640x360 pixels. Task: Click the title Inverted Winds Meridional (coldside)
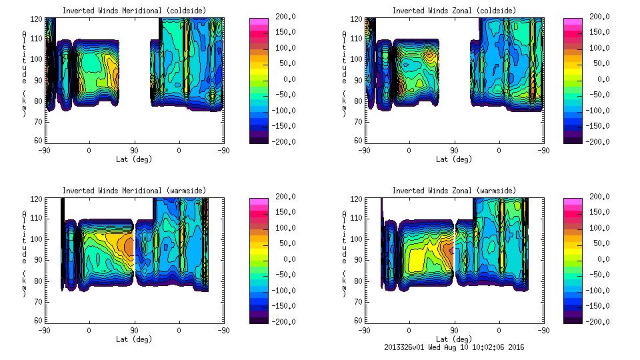(134, 11)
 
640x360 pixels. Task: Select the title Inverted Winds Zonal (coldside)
(454, 11)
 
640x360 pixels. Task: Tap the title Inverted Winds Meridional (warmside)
(134, 191)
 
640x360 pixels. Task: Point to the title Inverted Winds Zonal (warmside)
(454, 191)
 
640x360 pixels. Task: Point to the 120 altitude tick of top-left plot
(39, 19)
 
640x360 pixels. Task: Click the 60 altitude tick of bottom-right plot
(356, 321)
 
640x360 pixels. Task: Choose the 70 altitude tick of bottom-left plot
(39, 301)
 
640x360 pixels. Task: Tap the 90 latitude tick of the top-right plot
(454, 151)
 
